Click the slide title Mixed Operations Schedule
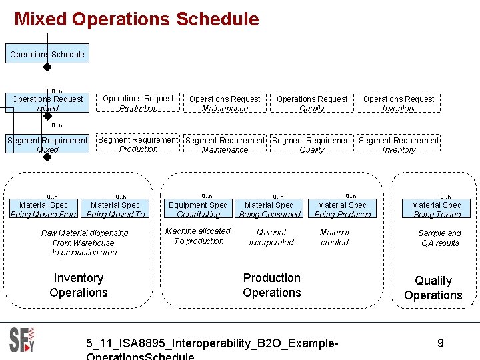tap(137, 19)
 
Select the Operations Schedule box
tap(47, 54)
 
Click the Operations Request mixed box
tap(47, 103)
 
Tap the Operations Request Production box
tap(138, 103)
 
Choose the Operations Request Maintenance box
tap(225, 103)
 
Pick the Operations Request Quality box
tap(311, 103)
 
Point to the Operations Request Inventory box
tap(399, 103)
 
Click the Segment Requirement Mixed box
tap(47, 145)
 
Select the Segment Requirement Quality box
tap(311, 145)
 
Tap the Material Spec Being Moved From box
tap(43, 209)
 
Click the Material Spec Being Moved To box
tap(115, 209)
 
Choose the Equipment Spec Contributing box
tap(198, 209)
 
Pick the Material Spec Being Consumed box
tap(269, 209)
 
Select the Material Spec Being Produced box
tap(342, 209)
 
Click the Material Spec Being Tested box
tap(437, 209)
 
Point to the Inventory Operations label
tap(79, 285)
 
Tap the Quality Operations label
tap(433, 288)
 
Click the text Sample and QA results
tap(439, 238)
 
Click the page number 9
tap(441, 343)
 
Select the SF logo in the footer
tap(22, 340)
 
